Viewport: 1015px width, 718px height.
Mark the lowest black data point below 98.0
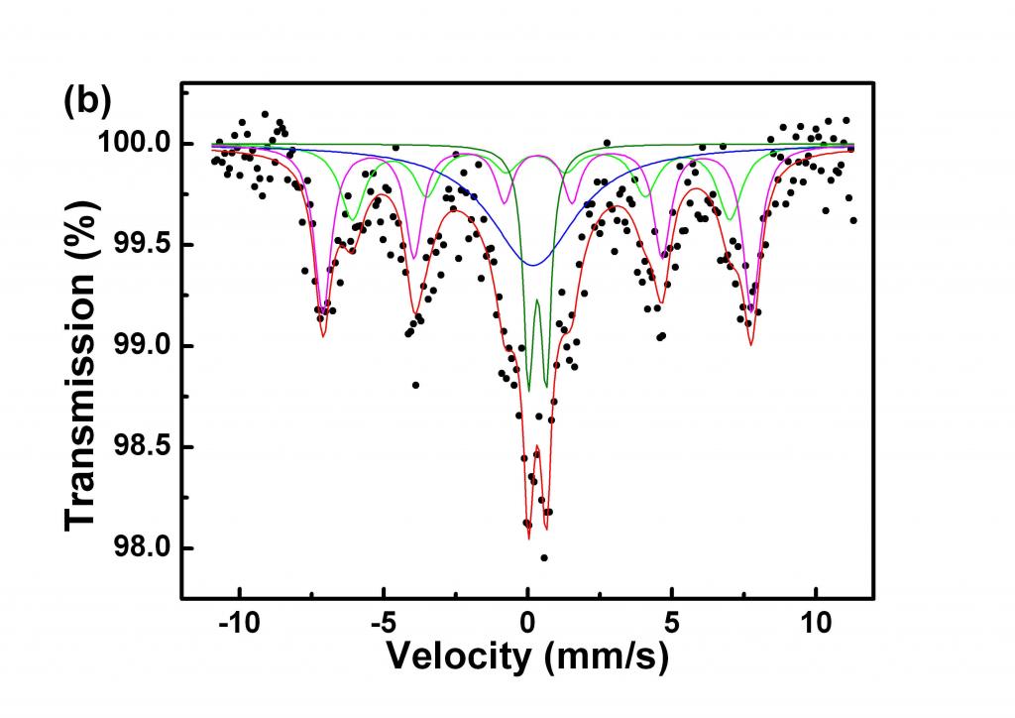pyautogui.click(x=544, y=558)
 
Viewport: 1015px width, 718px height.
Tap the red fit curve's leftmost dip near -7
pyautogui.click(x=323, y=337)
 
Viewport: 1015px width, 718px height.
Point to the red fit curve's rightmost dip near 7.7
pyautogui.click(x=751, y=344)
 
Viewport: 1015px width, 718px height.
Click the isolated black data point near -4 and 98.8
pyautogui.click(x=415, y=385)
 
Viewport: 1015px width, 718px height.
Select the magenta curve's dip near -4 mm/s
pyautogui.click(x=414, y=259)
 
